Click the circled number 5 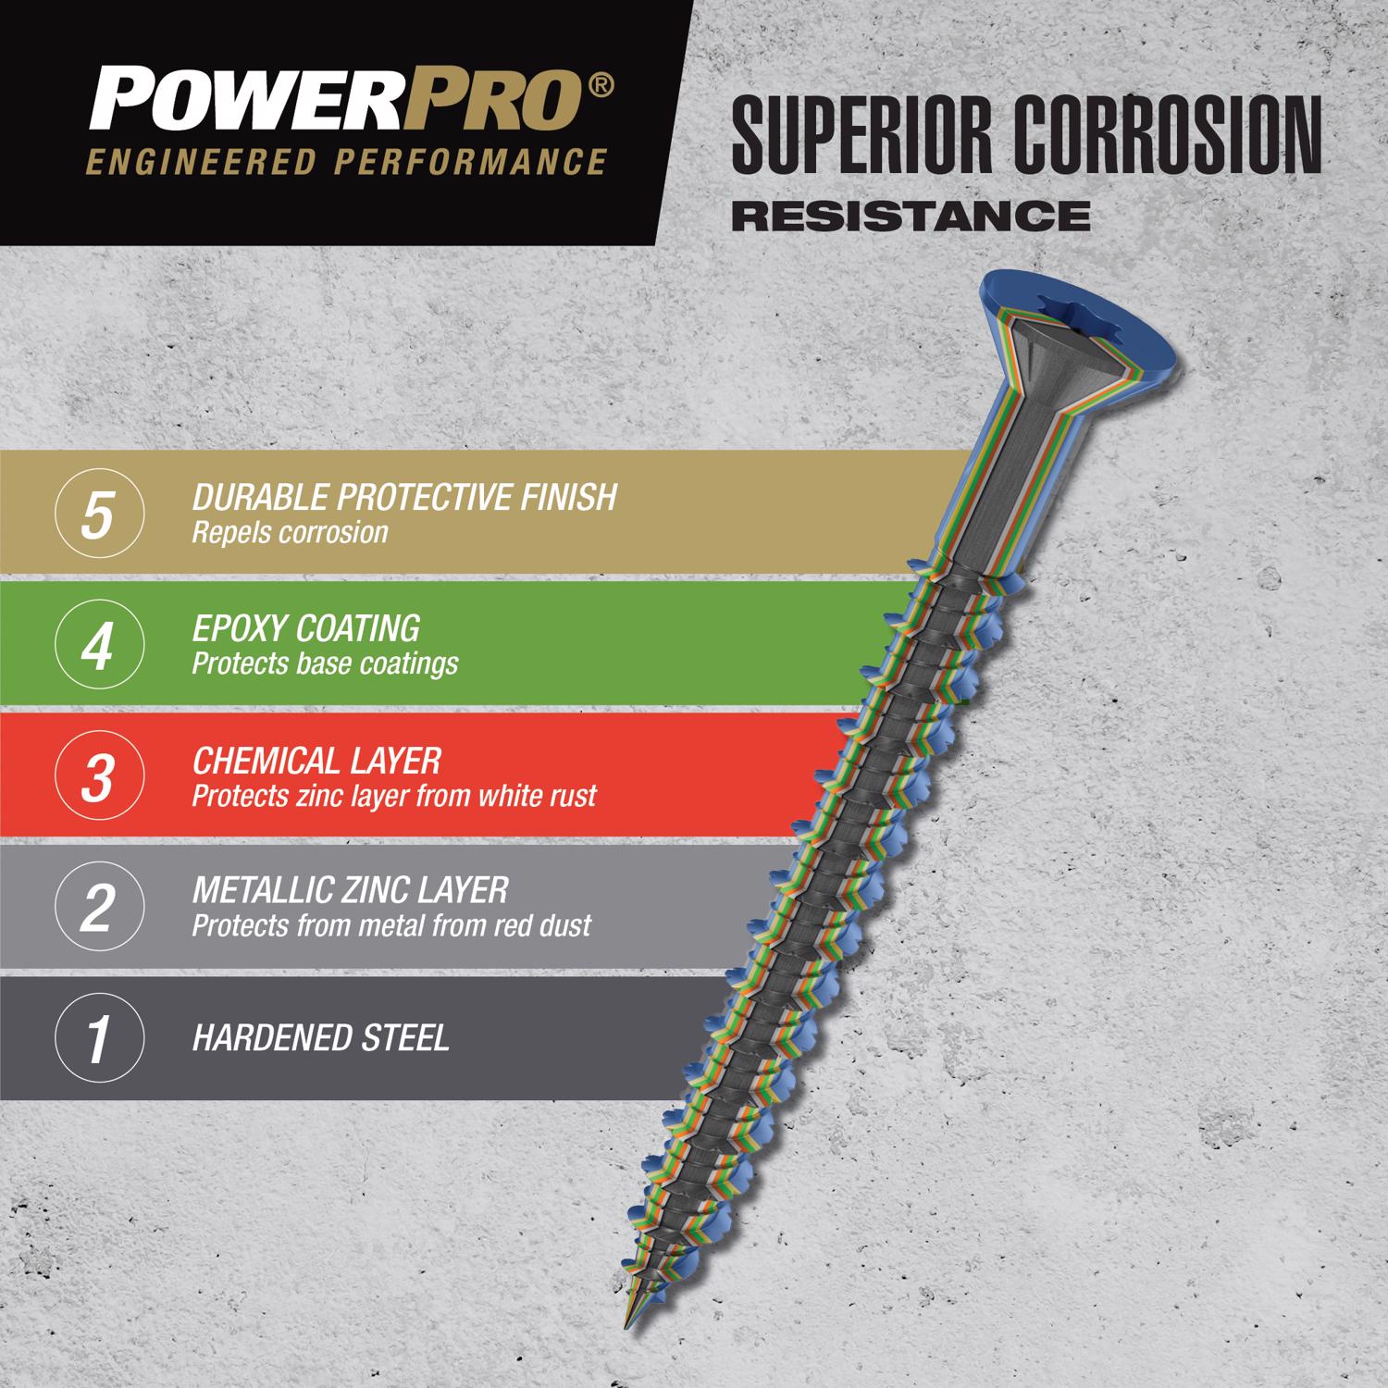(99, 514)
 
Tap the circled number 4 (99, 646)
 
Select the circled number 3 (99, 777)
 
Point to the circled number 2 (99, 908)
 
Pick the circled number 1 (99, 1038)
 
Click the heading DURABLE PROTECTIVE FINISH (404, 498)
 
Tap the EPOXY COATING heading (305, 629)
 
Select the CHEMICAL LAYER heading (316, 761)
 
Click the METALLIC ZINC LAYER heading (350, 890)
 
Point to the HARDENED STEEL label (320, 1038)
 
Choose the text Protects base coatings (325, 664)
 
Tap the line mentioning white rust (394, 796)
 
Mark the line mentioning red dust (391, 926)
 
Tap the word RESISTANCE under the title (911, 216)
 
